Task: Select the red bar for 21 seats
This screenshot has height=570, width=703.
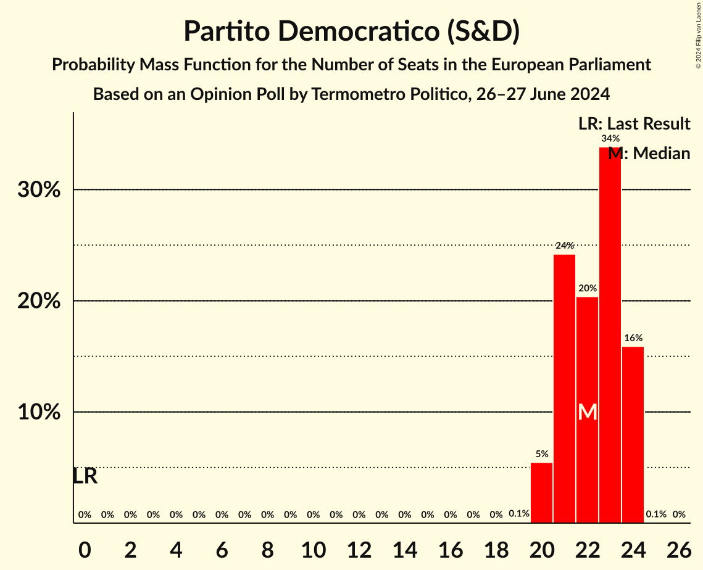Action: [x=564, y=389]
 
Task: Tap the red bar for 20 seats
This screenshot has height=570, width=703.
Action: [x=541, y=493]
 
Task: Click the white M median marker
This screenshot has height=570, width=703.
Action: [x=588, y=412]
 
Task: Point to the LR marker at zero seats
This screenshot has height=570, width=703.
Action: [x=85, y=476]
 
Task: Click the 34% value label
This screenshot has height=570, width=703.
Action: [x=610, y=139]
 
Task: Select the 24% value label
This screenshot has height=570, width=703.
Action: [x=564, y=246]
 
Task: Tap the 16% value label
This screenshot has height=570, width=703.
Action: [x=633, y=338]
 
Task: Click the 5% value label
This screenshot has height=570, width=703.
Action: [x=541, y=454]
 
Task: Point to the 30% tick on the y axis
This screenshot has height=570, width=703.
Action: [x=39, y=190]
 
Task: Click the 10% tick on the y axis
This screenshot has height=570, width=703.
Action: [x=39, y=412]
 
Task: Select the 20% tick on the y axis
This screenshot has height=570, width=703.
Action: [x=39, y=301]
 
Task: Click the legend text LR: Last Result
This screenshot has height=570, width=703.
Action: [x=634, y=124]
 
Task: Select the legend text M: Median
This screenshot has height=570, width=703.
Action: [x=649, y=154]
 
